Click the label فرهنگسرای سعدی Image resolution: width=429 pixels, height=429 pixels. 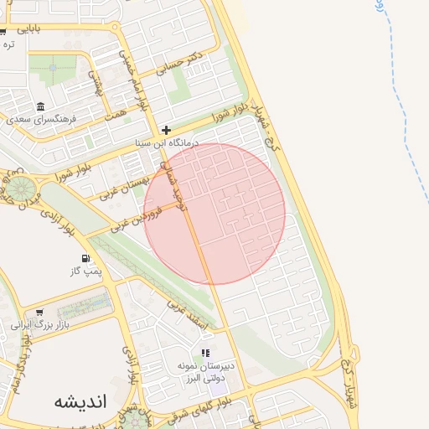(42, 119)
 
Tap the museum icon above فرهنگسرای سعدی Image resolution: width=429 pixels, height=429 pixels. (41, 106)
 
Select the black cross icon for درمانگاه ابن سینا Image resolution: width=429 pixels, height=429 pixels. (167, 130)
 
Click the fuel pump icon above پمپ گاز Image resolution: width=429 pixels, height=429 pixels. (85, 258)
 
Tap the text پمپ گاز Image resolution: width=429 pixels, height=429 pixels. (85, 271)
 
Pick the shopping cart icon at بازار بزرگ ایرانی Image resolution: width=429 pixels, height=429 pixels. (39, 313)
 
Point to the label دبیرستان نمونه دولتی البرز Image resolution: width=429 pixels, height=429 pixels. (206, 372)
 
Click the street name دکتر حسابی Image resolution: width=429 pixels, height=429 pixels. (183, 66)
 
